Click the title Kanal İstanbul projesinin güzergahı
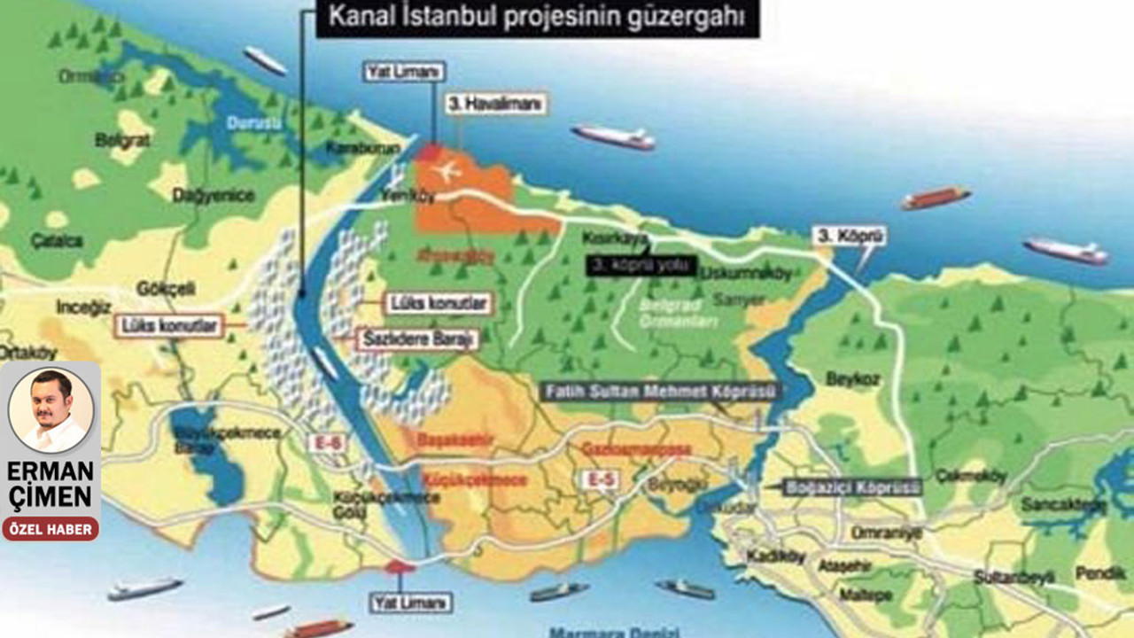tap(538, 18)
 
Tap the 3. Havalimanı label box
tap(496, 104)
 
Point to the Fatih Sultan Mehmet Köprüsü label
tap(660, 391)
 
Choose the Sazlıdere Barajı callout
tap(417, 338)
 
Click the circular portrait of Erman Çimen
tap(50, 409)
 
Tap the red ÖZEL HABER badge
tap(50, 528)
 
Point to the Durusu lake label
tap(252, 124)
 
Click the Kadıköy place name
tap(776, 556)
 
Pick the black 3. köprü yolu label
tap(641, 262)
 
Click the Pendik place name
tap(1099, 572)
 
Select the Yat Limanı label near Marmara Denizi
tap(409, 603)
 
